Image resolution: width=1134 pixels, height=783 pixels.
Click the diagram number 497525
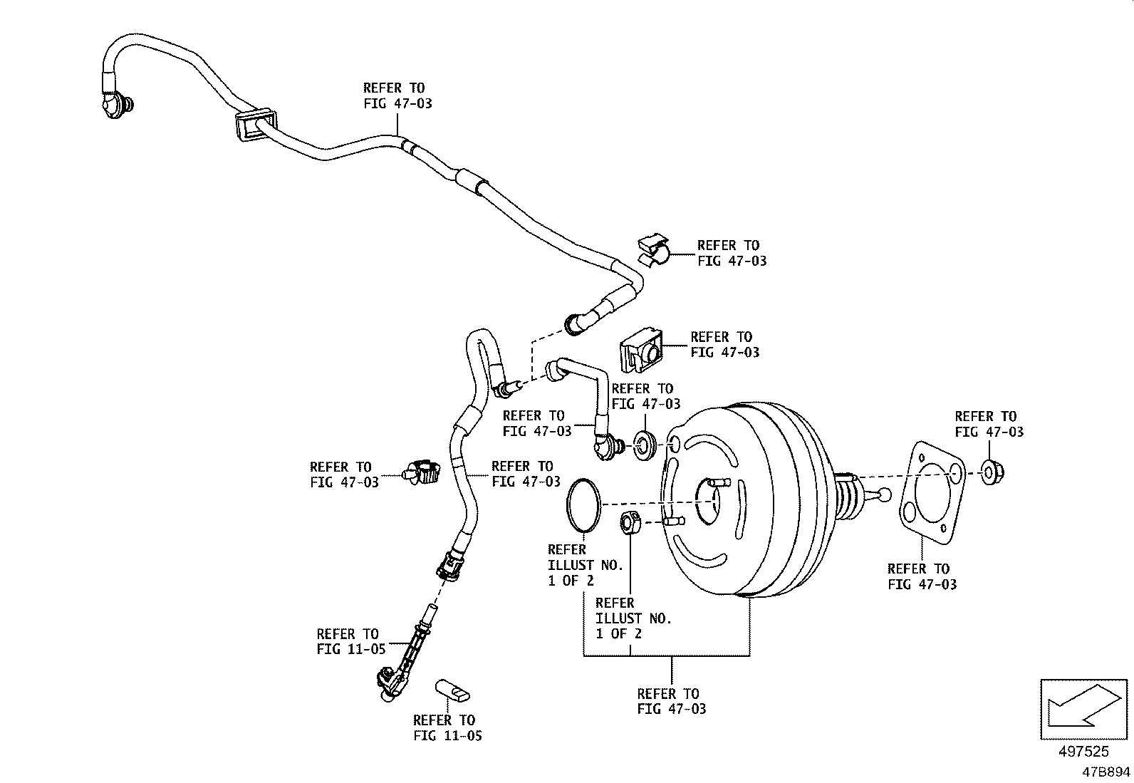[x=1084, y=751]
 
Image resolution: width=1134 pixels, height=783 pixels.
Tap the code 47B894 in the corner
[x=1106, y=772]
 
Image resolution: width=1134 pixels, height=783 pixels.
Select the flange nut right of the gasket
[x=990, y=472]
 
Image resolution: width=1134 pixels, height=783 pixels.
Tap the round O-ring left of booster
[x=583, y=504]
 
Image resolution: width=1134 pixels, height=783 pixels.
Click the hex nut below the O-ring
[x=630, y=523]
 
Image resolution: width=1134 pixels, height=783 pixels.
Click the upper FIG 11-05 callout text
[x=350, y=641]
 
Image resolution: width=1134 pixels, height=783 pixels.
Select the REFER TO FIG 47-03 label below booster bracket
[x=671, y=700]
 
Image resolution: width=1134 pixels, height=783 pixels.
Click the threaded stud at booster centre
[x=717, y=484]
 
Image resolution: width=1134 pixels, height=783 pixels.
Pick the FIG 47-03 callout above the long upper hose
[x=397, y=95]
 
